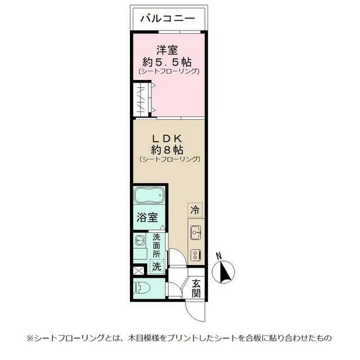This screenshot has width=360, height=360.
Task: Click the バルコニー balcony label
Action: point(168,19)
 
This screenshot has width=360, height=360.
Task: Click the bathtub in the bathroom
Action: point(149,197)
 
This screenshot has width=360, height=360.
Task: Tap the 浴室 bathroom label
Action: point(149,218)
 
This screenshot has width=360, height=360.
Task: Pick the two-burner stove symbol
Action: point(196,254)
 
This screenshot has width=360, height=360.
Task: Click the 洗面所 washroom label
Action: point(156,245)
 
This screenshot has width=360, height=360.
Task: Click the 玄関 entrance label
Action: point(196,289)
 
